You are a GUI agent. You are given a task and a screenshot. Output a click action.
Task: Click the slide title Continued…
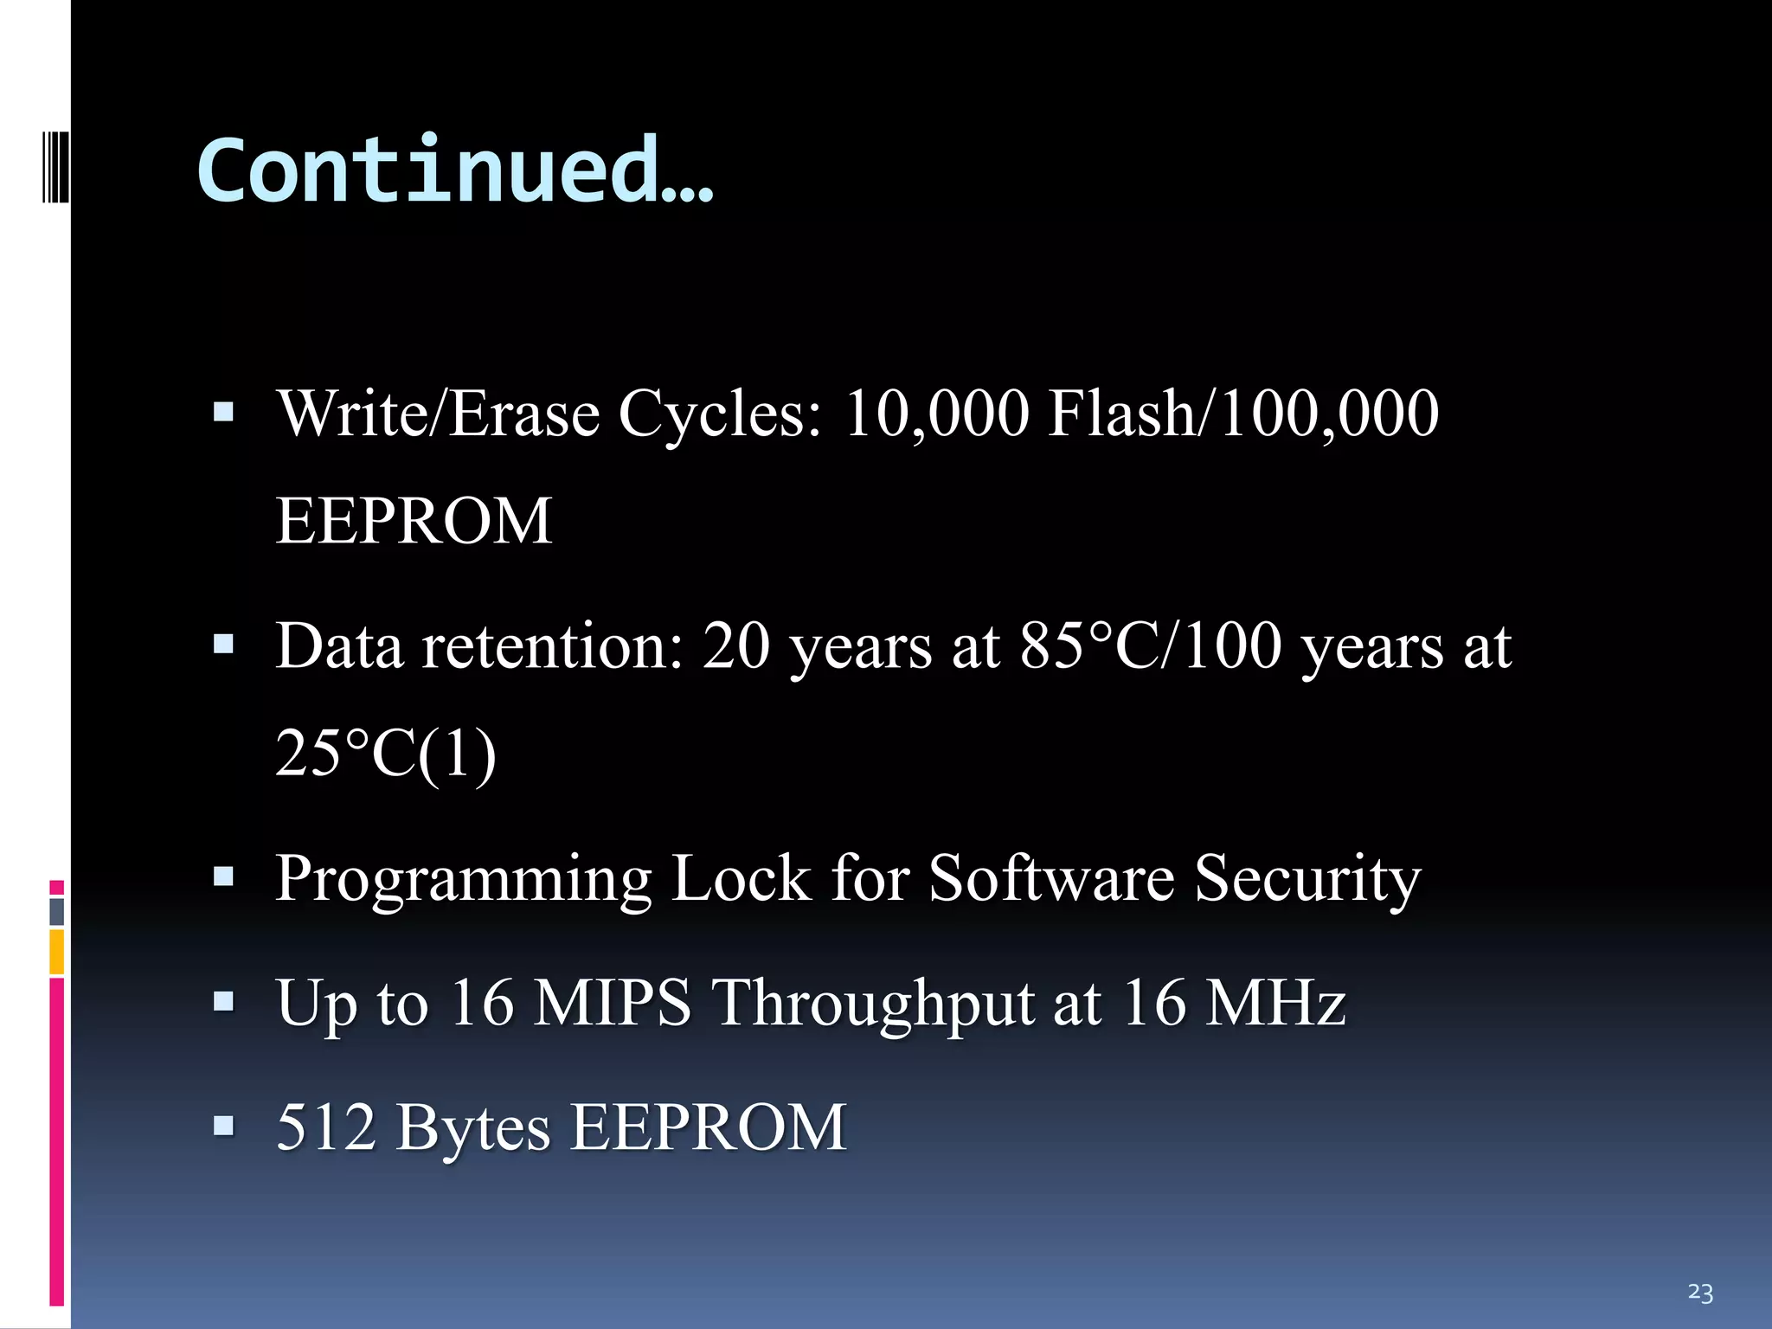(x=455, y=170)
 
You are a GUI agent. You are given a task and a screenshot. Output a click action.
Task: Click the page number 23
(x=1699, y=1293)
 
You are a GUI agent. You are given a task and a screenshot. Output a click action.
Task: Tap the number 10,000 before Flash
(x=936, y=414)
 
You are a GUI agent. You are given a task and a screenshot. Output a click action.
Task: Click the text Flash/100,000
(x=1243, y=414)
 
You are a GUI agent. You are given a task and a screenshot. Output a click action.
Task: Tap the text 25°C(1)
(x=386, y=753)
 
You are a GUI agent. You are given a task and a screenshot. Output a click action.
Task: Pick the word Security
(x=1307, y=878)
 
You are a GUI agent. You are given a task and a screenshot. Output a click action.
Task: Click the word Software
(x=1051, y=878)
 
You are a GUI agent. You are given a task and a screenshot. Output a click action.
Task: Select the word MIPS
(x=612, y=1003)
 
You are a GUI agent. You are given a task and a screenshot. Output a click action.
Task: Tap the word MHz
(x=1275, y=1003)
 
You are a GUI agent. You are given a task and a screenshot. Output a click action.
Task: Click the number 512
(x=326, y=1127)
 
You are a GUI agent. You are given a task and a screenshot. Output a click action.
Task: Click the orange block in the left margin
(x=57, y=952)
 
